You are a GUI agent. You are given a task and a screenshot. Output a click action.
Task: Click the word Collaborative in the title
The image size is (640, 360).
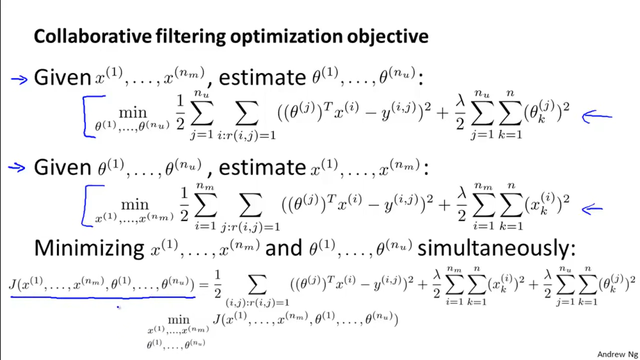pos(92,36)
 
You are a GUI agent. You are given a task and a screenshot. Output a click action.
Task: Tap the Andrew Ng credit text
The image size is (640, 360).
pos(618,354)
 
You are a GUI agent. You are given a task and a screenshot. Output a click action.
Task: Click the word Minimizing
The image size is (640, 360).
pos(89,248)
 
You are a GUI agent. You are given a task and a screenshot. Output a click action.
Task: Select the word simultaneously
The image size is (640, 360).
pos(496,248)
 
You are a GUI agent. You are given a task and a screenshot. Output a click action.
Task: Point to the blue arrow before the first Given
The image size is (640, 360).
pos(19,78)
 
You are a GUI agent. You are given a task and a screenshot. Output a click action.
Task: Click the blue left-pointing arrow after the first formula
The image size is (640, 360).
pos(597,117)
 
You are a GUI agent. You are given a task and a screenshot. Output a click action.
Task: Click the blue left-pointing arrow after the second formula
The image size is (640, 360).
pos(592,209)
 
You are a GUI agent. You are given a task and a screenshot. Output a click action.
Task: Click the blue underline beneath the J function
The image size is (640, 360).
pos(102,297)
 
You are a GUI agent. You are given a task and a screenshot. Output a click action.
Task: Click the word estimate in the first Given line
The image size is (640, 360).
pos(262,78)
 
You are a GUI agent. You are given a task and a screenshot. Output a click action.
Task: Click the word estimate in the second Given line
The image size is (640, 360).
pos(262,168)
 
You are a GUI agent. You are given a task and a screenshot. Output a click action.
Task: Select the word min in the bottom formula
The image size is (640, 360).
pos(178,319)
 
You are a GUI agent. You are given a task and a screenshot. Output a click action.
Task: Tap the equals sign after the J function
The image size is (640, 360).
pos(203,285)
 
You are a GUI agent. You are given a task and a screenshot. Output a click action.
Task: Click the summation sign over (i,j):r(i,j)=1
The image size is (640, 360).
pos(257,285)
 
